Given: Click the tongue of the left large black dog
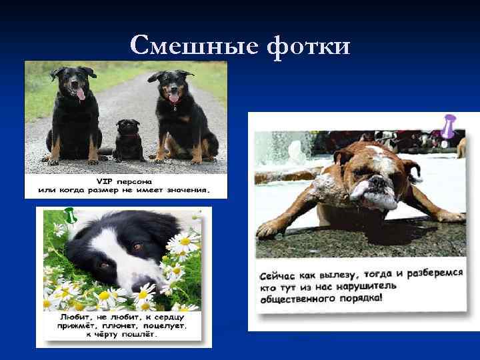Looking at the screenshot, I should [x=81, y=95].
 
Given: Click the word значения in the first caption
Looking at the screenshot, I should [x=191, y=190].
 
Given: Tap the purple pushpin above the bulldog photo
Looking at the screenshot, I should [x=448, y=127].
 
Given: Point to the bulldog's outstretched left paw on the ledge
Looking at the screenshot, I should [x=273, y=228].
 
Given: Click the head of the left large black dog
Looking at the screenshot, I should [x=75, y=80].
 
